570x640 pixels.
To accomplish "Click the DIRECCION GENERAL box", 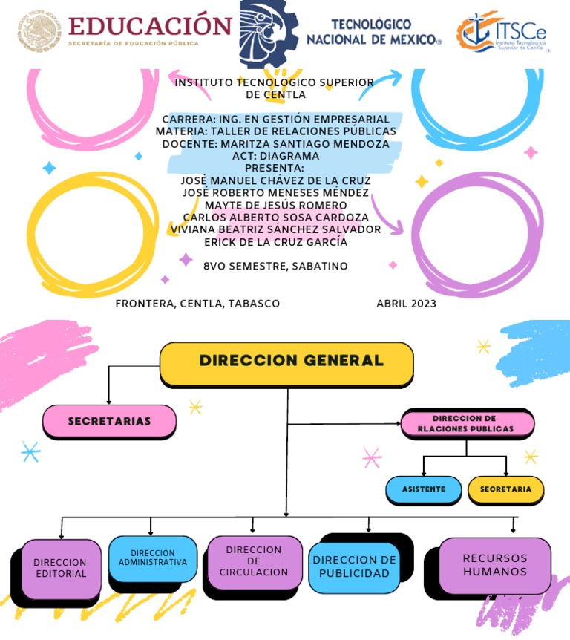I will [286, 363].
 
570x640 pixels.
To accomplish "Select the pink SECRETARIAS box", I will [109, 421].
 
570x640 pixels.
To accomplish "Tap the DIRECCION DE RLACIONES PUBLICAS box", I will [467, 424].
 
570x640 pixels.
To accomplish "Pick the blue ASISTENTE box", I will [424, 489].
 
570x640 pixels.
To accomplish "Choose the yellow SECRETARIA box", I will [505, 489].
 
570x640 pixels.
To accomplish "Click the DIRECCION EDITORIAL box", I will [61, 568].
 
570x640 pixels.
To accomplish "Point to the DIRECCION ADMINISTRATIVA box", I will [153, 558].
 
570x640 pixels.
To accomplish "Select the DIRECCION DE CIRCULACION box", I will [254, 561].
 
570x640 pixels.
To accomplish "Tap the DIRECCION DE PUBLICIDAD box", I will [353, 567].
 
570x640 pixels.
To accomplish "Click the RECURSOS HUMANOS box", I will [495, 565].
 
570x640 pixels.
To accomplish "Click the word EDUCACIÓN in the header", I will [150, 26].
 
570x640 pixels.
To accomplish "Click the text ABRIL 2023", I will [406, 304].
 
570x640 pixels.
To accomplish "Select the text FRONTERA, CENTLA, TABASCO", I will [197, 304].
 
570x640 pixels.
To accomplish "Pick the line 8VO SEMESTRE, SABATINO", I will [275, 266].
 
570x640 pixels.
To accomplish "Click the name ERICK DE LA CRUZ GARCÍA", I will [275, 242].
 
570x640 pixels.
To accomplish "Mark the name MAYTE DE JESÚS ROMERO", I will [275, 205].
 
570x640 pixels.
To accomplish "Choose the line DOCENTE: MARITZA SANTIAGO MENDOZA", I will [275, 144].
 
